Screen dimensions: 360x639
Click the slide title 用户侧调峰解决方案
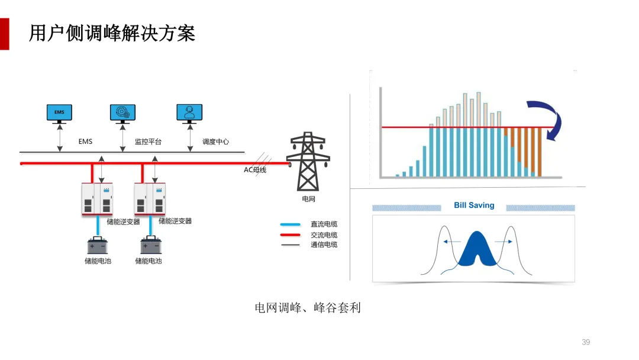[112, 33]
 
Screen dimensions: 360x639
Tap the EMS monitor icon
[59, 113]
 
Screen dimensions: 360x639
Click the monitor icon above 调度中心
[189, 113]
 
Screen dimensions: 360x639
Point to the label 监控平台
[148, 142]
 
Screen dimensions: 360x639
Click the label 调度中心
[215, 142]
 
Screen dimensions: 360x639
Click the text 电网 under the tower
[308, 200]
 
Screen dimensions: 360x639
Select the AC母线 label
[256, 170]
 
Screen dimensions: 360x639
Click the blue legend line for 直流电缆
[291, 224]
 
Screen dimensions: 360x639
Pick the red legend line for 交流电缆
[291, 234]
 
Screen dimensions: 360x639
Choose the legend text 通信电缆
[324, 245]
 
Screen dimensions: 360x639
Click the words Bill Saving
[474, 205]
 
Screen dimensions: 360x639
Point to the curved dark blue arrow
[547, 118]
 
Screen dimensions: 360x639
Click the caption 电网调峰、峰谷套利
[308, 308]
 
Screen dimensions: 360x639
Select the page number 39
[586, 342]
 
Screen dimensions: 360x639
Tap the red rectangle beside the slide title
[5, 34]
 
